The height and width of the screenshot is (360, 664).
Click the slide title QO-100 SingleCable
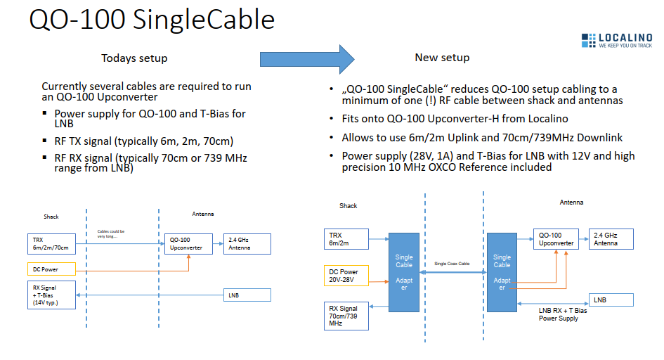[x=152, y=20]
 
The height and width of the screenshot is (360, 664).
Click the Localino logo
[x=616, y=40]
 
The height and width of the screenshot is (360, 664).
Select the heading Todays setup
[x=134, y=58]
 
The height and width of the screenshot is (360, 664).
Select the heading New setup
[x=442, y=57]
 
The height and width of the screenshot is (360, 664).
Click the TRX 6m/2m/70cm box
[x=53, y=243]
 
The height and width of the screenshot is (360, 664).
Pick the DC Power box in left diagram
[x=53, y=269]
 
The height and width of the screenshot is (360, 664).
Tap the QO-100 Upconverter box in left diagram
[x=186, y=243]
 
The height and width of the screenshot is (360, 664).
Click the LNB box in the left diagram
[x=247, y=295]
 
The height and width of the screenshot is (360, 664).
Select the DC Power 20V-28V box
[x=346, y=276]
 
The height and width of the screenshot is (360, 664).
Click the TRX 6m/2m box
[x=346, y=239]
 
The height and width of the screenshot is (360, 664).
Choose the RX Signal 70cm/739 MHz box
[x=346, y=316]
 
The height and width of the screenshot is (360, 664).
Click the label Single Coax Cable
[x=453, y=263]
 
